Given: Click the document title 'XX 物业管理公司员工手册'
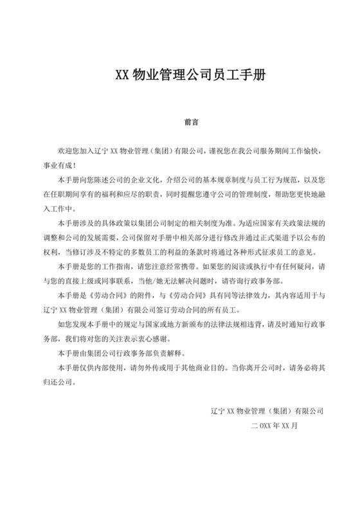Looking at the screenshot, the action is tap(179, 73).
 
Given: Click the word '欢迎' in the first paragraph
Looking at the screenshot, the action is tap(64, 151).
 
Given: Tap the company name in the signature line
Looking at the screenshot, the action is tap(267, 410).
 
